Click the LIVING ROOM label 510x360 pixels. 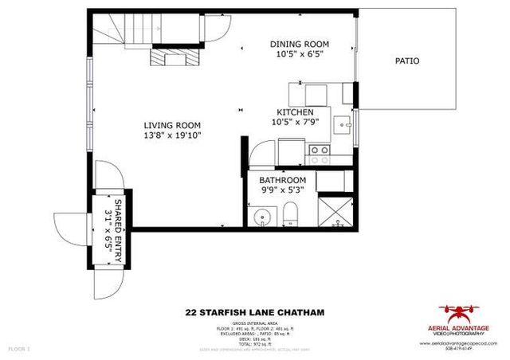pos(171,125)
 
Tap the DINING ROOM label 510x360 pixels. pos(300,44)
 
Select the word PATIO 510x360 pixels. pos(406,61)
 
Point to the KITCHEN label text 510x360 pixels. pos(295,112)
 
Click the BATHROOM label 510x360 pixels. pos(283,181)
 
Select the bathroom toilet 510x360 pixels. pos(291,213)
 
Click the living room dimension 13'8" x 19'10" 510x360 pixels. pos(171,136)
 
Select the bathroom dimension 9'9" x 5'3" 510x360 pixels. pos(283,191)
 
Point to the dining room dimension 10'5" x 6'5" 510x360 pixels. pos(300,55)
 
